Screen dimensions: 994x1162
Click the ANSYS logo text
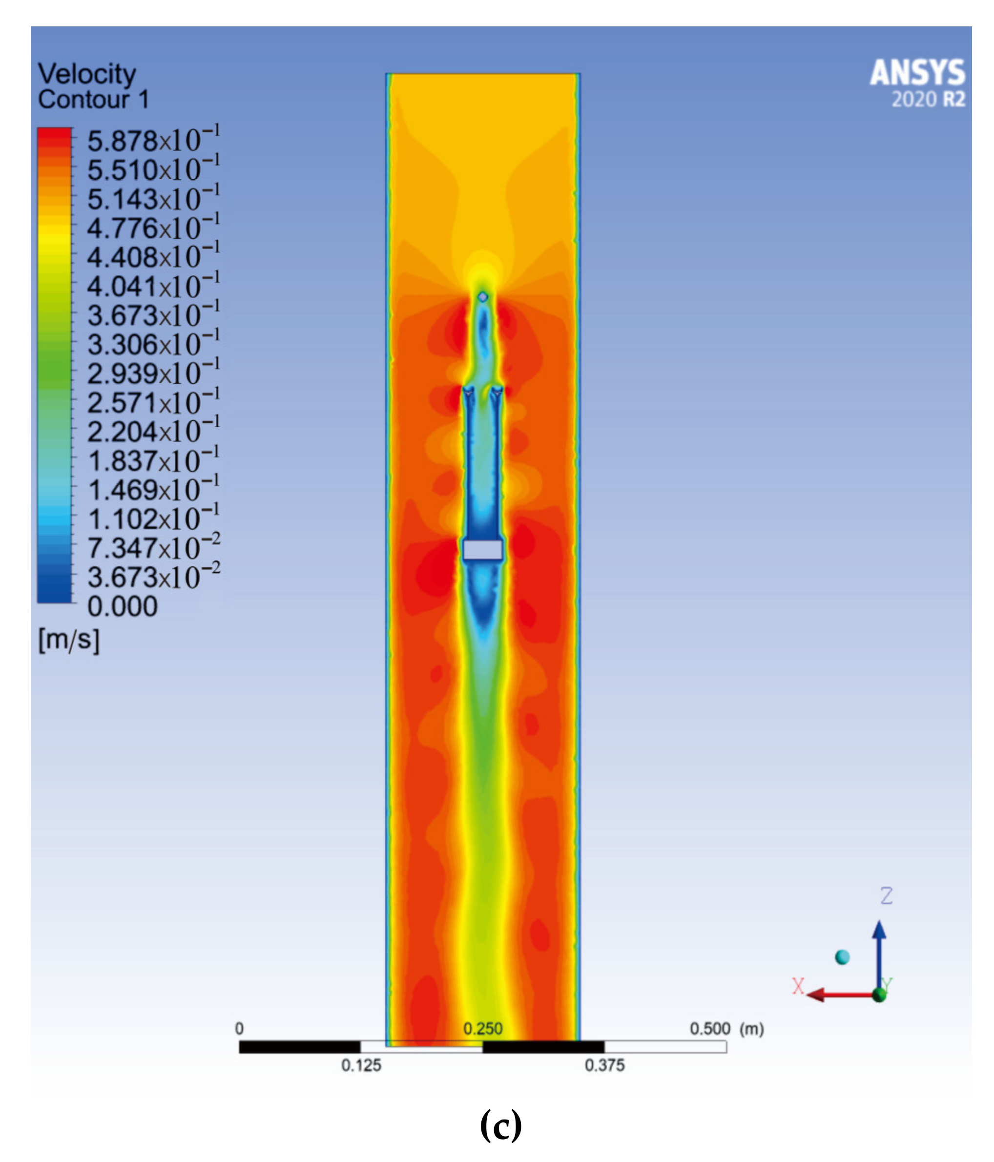click(917, 72)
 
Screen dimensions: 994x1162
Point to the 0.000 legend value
click(122, 606)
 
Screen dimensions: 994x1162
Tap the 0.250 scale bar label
click(483, 1029)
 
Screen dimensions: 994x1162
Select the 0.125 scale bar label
click(361, 1065)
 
